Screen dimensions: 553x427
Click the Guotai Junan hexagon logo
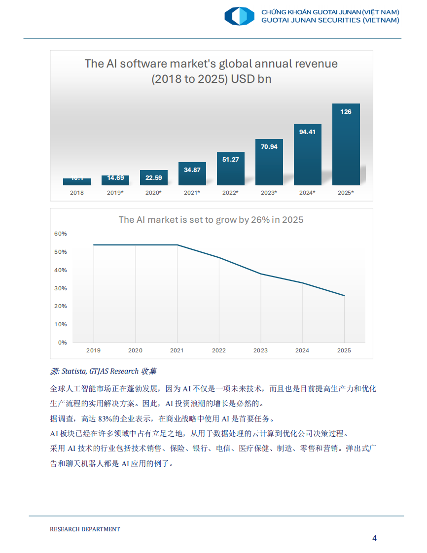click(239, 16)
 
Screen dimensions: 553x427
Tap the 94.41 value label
click(307, 132)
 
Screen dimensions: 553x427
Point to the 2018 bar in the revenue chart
click(77, 182)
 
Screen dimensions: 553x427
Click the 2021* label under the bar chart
click(192, 193)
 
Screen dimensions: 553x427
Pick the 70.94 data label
click(269, 147)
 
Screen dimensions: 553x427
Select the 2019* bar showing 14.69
click(115, 180)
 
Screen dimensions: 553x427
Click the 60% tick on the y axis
click(60, 234)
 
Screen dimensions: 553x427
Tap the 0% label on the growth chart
click(62, 343)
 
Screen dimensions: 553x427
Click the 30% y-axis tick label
click(60, 288)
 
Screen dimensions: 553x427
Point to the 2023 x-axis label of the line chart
click(260, 350)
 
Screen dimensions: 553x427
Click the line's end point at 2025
click(344, 296)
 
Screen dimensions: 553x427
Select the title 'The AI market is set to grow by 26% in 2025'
click(211, 220)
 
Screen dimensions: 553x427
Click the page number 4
click(374, 538)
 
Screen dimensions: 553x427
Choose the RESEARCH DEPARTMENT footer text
click(85, 529)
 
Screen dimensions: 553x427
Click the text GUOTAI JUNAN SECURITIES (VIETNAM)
click(330, 20)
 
